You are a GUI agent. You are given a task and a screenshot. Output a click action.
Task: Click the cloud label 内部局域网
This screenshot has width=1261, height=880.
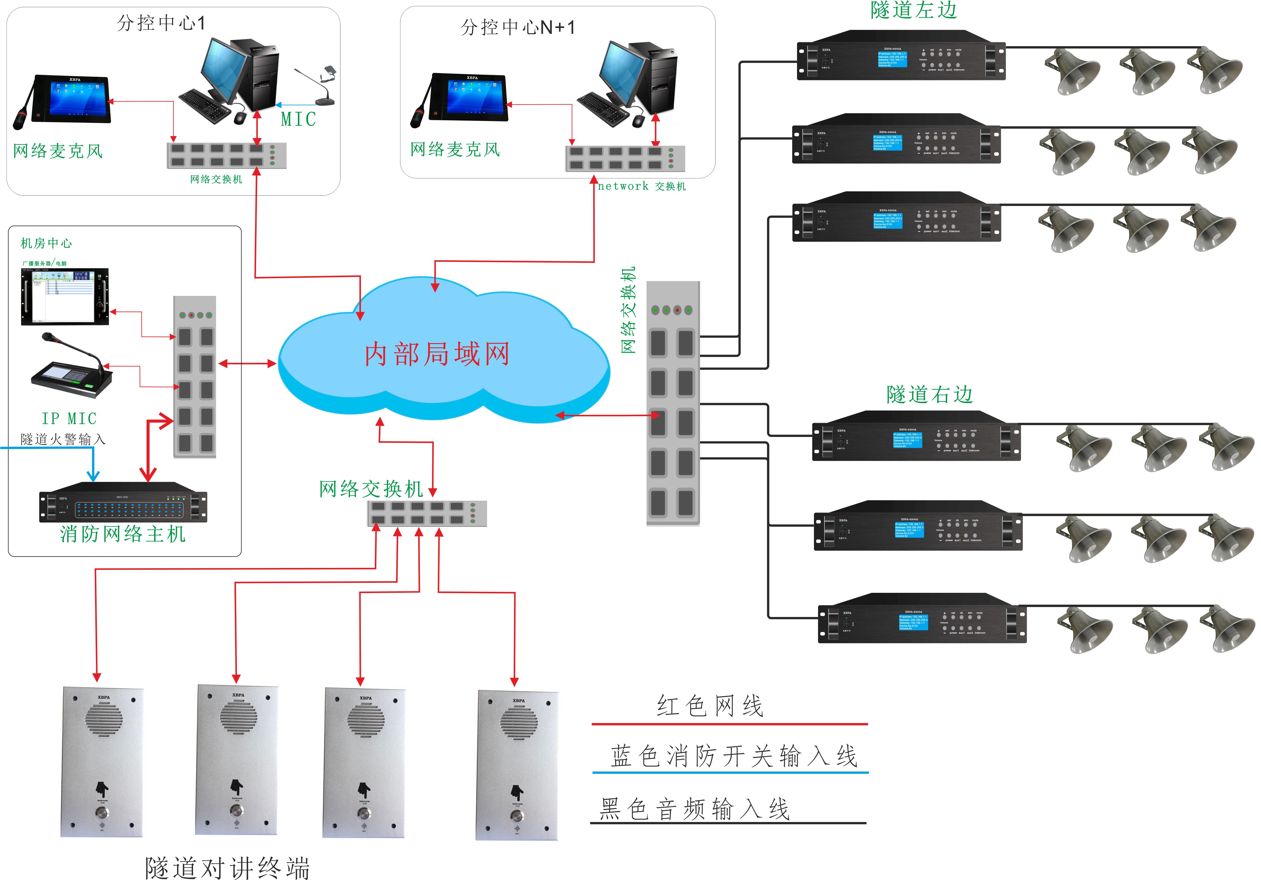click(437, 354)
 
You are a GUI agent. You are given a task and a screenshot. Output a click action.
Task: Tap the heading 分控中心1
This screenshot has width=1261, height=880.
click(161, 23)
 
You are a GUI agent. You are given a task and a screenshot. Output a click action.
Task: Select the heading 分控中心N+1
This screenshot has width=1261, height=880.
click(518, 27)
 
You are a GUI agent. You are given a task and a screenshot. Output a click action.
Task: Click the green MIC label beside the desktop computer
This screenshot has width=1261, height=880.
click(298, 119)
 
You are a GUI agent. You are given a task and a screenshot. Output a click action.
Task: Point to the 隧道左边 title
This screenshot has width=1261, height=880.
click(913, 10)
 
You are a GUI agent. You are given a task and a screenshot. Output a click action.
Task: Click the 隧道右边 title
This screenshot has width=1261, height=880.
click(929, 394)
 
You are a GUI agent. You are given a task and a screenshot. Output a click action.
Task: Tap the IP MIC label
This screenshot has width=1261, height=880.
click(69, 418)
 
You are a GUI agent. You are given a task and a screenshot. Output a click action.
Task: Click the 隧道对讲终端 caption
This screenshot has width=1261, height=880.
click(227, 868)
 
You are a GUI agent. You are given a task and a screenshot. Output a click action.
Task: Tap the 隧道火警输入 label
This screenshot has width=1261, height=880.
click(63, 439)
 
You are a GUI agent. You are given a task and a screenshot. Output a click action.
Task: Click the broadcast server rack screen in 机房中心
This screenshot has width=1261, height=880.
click(65, 297)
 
